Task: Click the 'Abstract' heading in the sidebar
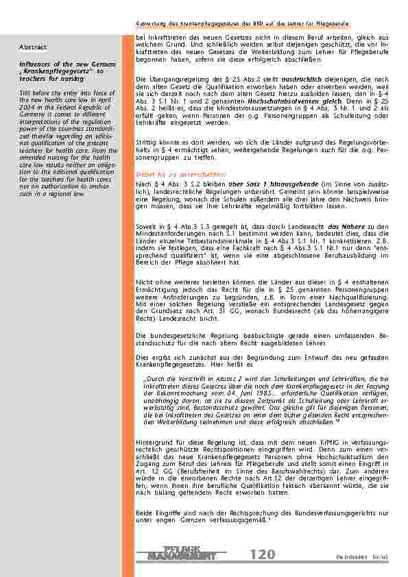tap(33, 47)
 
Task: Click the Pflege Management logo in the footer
tap(184, 553)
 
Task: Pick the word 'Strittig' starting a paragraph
tap(148, 138)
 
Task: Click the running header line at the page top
tap(261, 25)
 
